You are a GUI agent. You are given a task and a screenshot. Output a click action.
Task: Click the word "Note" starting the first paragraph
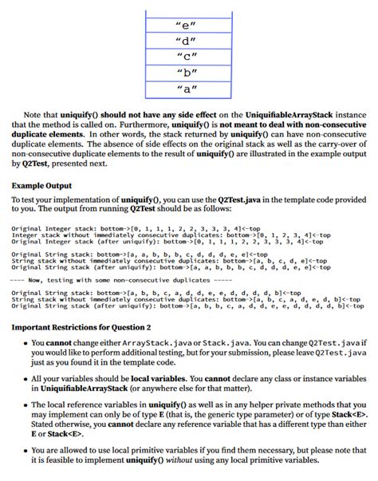click(x=36, y=115)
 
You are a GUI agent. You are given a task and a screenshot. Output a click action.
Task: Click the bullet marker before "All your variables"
click(x=21, y=379)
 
